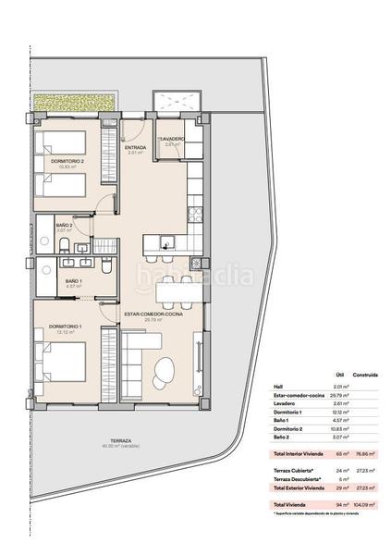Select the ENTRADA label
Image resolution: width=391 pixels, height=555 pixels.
tap(137, 147)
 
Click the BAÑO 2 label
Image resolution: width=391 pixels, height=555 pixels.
tap(65, 225)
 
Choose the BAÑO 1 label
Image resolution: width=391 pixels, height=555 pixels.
tap(73, 281)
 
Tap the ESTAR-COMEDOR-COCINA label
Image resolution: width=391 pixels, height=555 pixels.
tap(153, 314)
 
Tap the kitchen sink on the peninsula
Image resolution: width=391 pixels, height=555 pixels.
tap(165, 243)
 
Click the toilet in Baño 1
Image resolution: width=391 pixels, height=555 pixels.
tap(107, 268)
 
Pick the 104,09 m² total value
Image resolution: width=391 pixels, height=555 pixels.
tap(360, 503)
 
